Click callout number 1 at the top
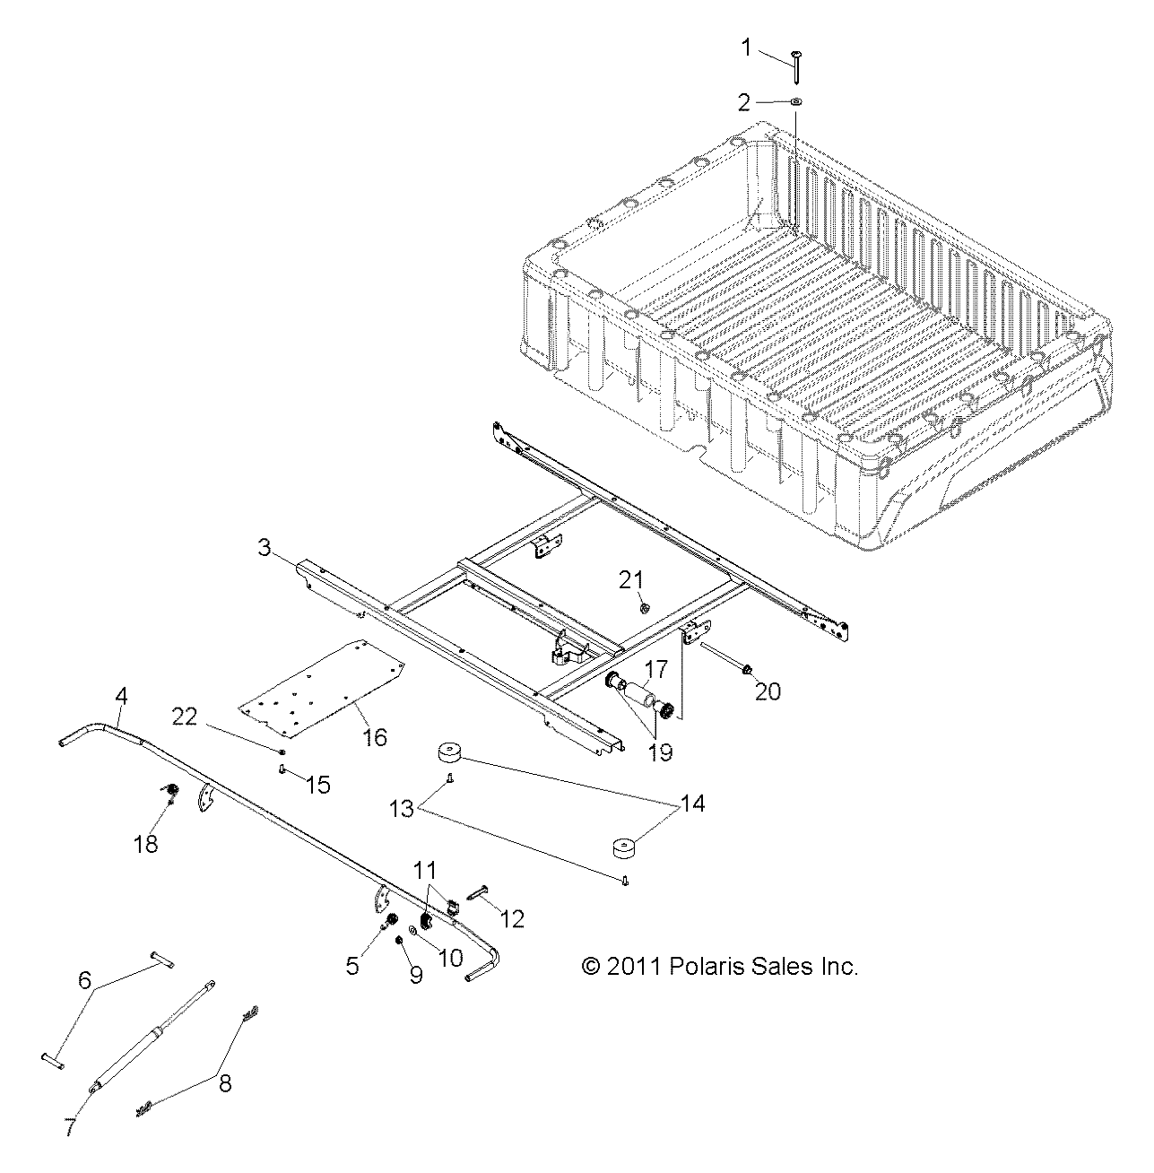point(746,48)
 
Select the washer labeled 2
point(796,103)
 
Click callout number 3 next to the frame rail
point(265,547)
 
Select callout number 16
point(374,736)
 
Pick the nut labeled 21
point(645,609)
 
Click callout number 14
point(691,804)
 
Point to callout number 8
point(225,1083)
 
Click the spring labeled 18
point(168,792)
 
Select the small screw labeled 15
point(282,769)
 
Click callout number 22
point(185,717)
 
